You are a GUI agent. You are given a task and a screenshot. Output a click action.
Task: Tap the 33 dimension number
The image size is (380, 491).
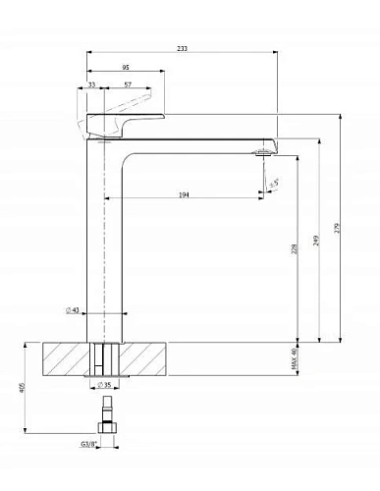pyautogui.click(x=91, y=85)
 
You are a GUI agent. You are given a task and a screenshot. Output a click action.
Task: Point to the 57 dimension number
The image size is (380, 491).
pyautogui.click(x=129, y=85)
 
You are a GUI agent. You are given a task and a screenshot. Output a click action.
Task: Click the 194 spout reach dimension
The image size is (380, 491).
pyautogui.click(x=184, y=196)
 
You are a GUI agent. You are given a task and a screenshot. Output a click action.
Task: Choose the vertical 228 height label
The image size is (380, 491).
pyautogui.click(x=296, y=249)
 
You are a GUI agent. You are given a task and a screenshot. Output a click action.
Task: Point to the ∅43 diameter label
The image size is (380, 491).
pyautogui.click(x=73, y=310)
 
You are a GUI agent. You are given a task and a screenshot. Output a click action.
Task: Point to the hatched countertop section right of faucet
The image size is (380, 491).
pyautogui.click(x=147, y=357)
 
